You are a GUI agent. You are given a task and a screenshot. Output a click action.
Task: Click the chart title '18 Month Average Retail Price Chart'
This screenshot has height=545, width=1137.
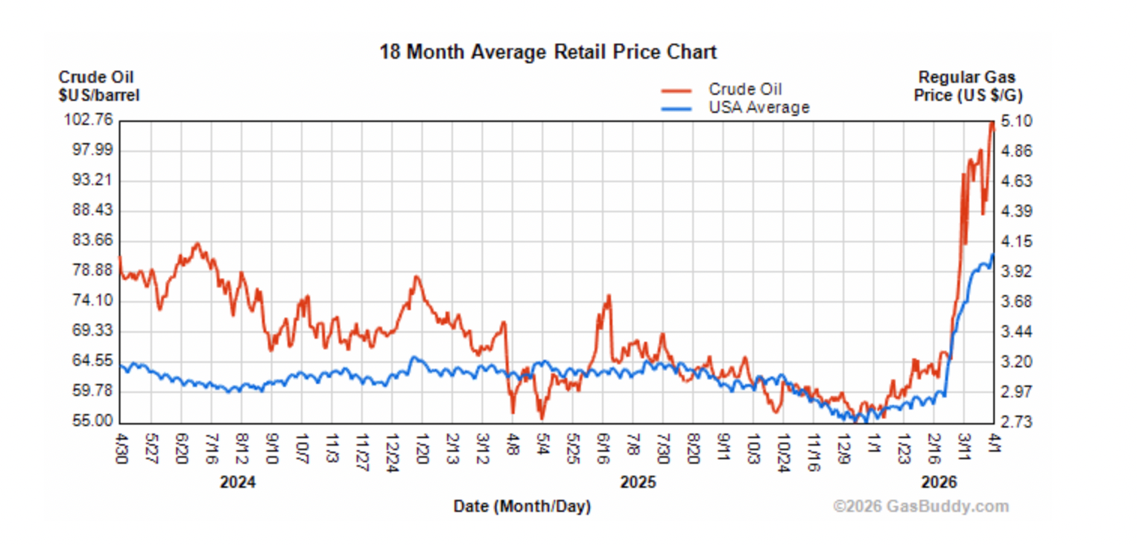coord(548,52)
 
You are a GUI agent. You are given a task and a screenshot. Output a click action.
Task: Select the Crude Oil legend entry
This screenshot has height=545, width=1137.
coord(745,90)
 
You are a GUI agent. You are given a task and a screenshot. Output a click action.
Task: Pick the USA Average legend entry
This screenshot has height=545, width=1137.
coord(759,108)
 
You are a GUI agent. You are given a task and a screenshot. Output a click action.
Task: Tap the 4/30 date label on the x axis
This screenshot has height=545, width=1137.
coord(121,446)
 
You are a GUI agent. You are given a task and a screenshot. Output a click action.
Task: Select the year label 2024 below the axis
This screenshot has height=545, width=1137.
coord(238,483)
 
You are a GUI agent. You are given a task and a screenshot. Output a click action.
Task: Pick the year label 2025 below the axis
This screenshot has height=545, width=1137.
coord(638,483)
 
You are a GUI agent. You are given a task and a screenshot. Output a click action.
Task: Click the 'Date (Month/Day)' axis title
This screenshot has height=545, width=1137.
coord(522,507)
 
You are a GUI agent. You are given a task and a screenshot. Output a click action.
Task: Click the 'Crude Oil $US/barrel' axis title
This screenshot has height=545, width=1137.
coord(99,86)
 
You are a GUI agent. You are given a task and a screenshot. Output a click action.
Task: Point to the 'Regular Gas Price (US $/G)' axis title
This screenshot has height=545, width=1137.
coord(968,86)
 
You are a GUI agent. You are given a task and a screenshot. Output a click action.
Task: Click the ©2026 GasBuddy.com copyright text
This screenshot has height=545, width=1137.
coord(921,507)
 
